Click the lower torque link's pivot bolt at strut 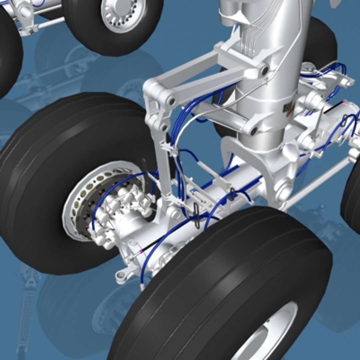pos(253,130)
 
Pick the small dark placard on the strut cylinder pos(287,108)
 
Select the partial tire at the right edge pos(352,197)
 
